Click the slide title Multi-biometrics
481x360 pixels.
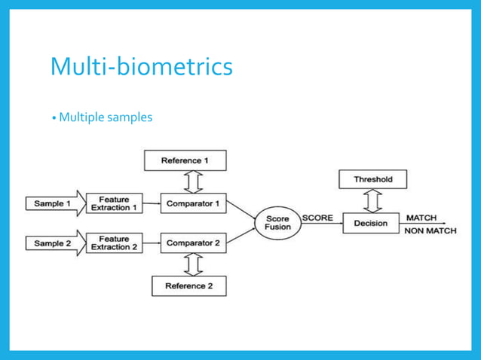pos(141,66)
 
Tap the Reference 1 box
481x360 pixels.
pos(184,160)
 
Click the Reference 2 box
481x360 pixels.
pos(188,286)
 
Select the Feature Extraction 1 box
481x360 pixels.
pos(115,203)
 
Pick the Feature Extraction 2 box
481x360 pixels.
pos(115,243)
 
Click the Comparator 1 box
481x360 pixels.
pos(193,203)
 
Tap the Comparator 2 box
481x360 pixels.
pos(193,243)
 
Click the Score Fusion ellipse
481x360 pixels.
pos(277,224)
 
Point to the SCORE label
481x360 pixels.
pos(317,218)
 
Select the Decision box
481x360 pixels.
pos(370,223)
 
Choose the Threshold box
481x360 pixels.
pos(372,179)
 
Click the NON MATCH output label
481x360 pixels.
pos(430,231)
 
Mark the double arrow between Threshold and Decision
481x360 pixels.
pos(372,201)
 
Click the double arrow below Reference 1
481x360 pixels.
pos(193,182)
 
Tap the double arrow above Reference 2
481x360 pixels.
pos(193,264)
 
